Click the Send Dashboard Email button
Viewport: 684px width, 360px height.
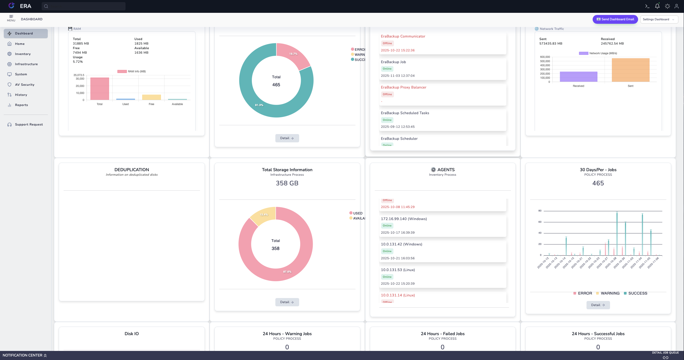pyautogui.click(x=615, y=19)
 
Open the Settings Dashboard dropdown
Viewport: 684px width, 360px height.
pyautogui.click(x=659, y=19)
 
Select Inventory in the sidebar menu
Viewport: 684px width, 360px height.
pyautogui.click(x=23, y=54)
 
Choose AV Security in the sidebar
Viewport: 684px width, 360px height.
pyautogui.click(x=25, y=85)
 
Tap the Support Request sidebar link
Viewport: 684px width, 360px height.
pyautogui.click(x=29, y=124)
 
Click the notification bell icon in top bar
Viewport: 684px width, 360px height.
pyautogui.click(x=657, y=6)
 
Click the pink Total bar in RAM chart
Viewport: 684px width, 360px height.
pyautogui.click(x=100, y=89)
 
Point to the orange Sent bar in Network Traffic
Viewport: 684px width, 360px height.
pyautogui.click(x=630, y=70)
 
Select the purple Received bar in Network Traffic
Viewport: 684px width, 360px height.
pyautogui.click(x=578, y=77)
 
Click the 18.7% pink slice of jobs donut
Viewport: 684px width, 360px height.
pyautogui.click(x=293, y=56)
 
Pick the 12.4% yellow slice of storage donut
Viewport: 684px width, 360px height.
pyautogui.click(x=263, y=215)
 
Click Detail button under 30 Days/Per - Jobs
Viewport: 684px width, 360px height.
pyautogui.click(x=598, y=305)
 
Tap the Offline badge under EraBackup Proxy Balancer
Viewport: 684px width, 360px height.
pyautogui.click(x=387, y=94)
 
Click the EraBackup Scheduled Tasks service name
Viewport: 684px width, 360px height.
pyautogui.click(x=405, y=113)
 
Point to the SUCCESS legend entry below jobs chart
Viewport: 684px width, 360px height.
pyautogui.click(x=637, y=293)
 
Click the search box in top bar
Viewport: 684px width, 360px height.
pyautogui.click(x=84, y=6)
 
